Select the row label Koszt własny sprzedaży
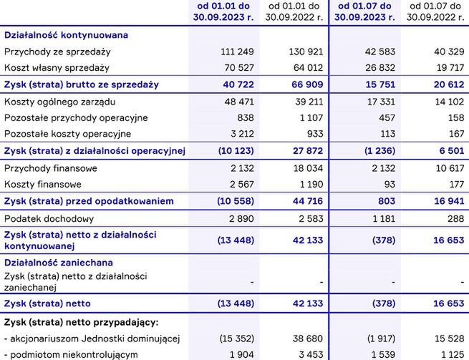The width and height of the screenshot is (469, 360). (57, 68)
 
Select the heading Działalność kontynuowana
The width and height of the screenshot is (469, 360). (67, 34)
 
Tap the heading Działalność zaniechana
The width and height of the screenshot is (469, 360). (58, 263)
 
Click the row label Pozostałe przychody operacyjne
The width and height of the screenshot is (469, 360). (76, 117)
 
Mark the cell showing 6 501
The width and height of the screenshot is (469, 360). (449, 150)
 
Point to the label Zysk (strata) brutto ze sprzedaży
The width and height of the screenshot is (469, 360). (82, 84)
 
